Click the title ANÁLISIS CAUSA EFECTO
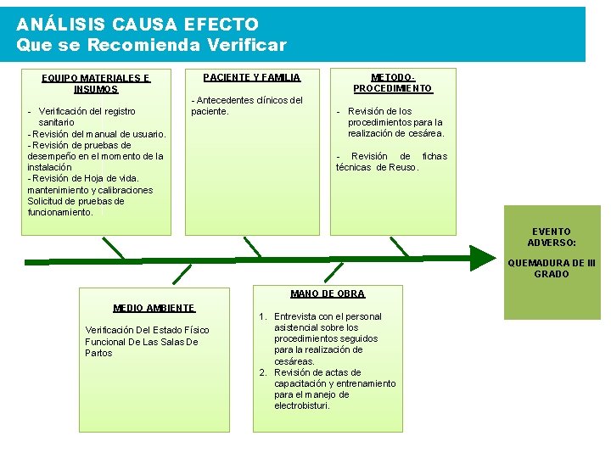137,25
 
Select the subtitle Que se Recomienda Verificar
152,44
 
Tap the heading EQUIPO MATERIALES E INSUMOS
96,83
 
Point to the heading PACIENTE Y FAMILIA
251,77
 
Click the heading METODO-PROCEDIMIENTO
392,82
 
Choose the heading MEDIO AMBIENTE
154,308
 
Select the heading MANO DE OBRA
327,293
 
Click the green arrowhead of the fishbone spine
482,258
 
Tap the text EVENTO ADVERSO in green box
552,237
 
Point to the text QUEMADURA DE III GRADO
552,268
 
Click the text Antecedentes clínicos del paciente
247,105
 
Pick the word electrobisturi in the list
302,405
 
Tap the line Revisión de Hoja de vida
83,178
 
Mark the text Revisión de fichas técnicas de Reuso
390,161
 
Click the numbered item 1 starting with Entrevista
327,338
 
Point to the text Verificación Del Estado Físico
147,330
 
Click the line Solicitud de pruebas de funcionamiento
76,207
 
